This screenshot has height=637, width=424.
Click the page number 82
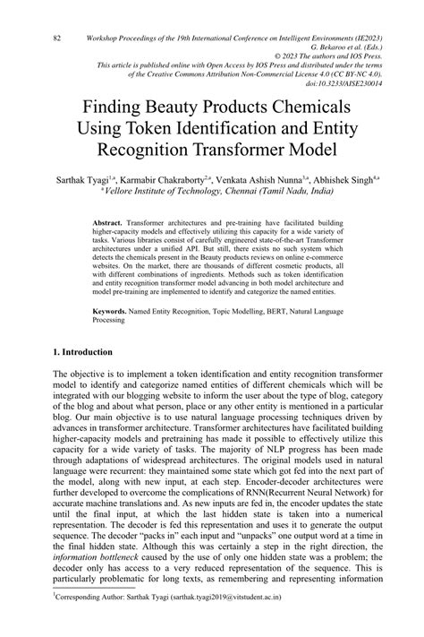pos(56,39)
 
